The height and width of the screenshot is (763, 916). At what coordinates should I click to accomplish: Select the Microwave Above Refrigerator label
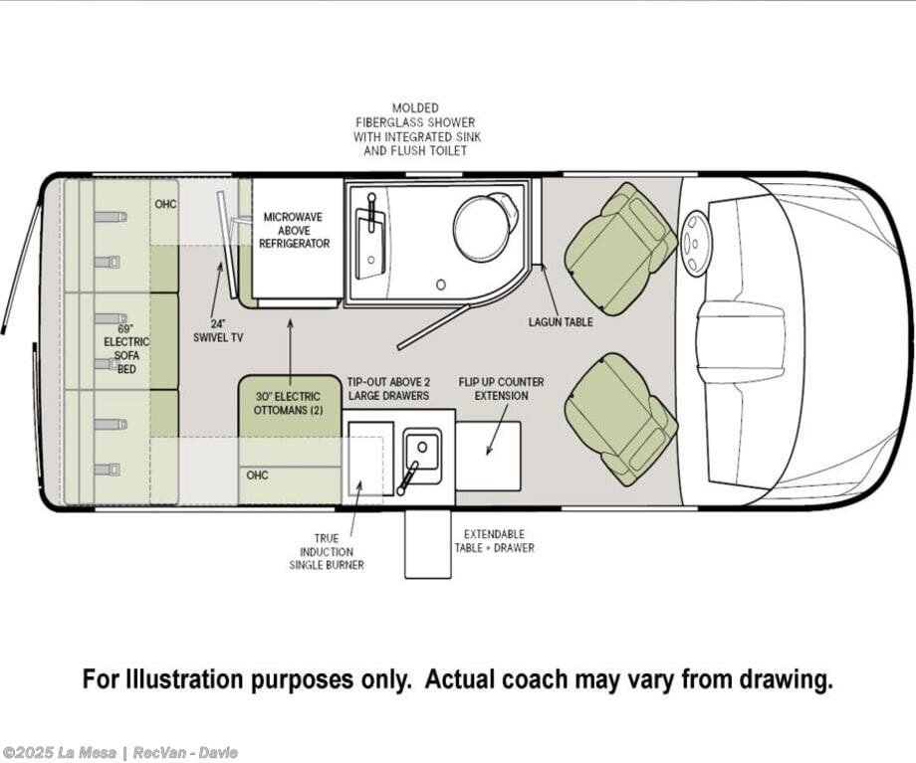click(295, 230)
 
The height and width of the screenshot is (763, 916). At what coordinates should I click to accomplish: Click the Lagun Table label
click(561, 321)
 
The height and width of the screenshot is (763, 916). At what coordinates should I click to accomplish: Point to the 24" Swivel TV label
click(218, 330)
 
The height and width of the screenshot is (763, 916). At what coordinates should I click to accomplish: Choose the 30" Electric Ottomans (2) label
click(288, 403)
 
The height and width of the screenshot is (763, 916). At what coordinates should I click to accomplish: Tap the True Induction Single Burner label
click(326, 551)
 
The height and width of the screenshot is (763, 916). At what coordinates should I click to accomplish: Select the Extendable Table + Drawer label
click(494, 540)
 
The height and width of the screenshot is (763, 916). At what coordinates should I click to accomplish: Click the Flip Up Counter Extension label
click(501, 388)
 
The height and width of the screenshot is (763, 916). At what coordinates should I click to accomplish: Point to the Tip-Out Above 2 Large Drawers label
click(388, 388)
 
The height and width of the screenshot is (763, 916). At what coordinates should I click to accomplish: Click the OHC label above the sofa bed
click(165, 204)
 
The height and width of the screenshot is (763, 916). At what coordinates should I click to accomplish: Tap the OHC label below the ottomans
click(257, 476)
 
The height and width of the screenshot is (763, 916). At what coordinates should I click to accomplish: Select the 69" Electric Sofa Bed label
click(126, 348)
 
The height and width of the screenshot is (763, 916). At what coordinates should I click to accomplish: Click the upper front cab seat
click(620, 250)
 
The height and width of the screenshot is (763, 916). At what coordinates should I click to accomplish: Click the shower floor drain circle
click(441, 285)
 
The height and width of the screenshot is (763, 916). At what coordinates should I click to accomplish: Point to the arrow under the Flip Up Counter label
click(497, 430)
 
